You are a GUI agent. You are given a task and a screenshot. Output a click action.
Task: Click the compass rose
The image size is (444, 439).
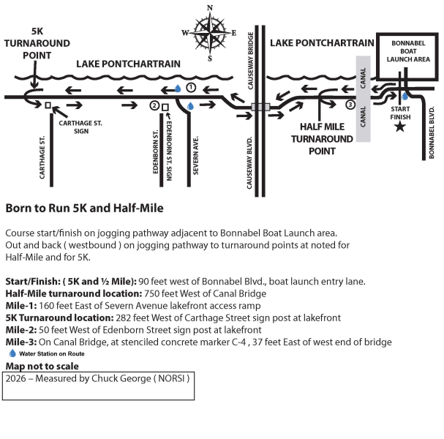point(211,32)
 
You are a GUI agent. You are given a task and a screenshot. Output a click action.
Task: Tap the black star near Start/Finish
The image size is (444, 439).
point(399,127)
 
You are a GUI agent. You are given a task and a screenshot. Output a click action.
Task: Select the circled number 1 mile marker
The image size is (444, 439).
point(191,87)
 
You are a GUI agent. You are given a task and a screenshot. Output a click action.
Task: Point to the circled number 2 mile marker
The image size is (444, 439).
point(154,105)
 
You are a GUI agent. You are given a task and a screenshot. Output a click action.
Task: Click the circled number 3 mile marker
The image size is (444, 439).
point(350,105)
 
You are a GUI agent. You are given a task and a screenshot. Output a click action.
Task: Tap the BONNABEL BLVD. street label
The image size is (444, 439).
point(432,132)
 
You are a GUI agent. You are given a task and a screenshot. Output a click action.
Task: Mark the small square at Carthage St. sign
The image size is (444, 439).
point(48,105)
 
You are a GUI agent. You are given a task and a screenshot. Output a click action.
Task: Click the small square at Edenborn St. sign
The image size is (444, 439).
point(165,107)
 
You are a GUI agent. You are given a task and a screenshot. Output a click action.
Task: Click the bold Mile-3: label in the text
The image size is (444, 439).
point(22,342)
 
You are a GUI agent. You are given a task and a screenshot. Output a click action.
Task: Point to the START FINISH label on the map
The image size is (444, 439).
point(400,111)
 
